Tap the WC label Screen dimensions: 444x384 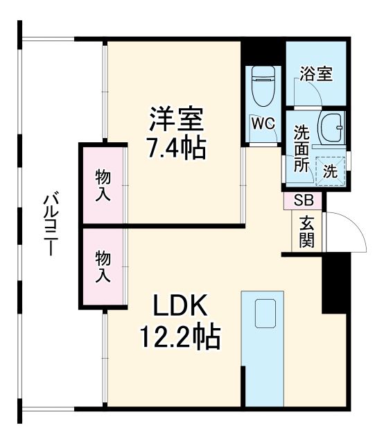coord(263,123)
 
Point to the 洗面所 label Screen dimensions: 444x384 coord(301,148)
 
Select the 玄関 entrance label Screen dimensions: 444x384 coord(306,232)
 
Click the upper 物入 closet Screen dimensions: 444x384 coord(103,185)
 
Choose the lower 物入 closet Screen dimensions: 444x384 coord(103,266)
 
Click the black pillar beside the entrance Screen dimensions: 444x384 coord(335,284)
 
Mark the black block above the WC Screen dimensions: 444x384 coord(263,52)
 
